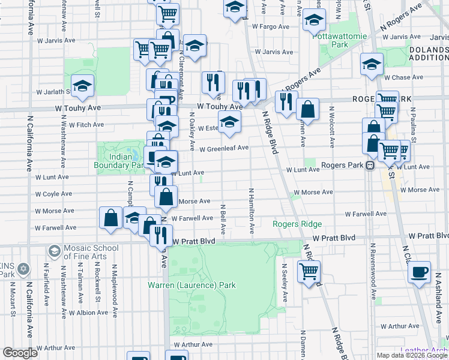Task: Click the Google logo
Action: click(20, 352)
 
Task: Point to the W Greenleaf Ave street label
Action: click(224, 148)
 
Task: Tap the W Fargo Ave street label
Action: click(271, 26)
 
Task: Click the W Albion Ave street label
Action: click(88, 313)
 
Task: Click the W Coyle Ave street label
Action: click(54, 194)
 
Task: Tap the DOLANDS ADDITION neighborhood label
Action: click(429, 53)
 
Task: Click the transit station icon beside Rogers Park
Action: click(370, 166)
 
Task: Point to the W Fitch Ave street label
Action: click(86, 125)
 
